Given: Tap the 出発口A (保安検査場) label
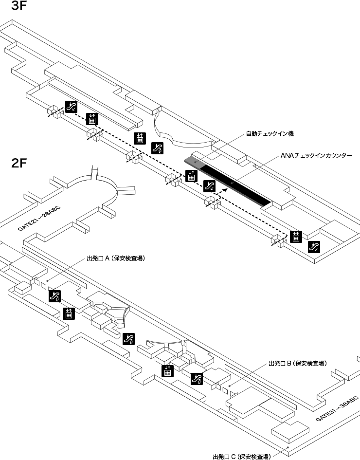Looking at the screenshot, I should tap(115, 258).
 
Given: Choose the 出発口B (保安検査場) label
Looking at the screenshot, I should tap(297, 363).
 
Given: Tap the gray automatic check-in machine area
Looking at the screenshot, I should tap(193, 162).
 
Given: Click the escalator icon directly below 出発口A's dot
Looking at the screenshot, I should tap(54, 295).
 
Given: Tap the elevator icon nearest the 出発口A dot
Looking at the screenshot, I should tap(69, 313).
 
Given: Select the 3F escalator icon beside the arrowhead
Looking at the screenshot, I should tap(209, 185).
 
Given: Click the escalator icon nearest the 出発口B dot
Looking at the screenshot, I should tap(197, 378).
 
